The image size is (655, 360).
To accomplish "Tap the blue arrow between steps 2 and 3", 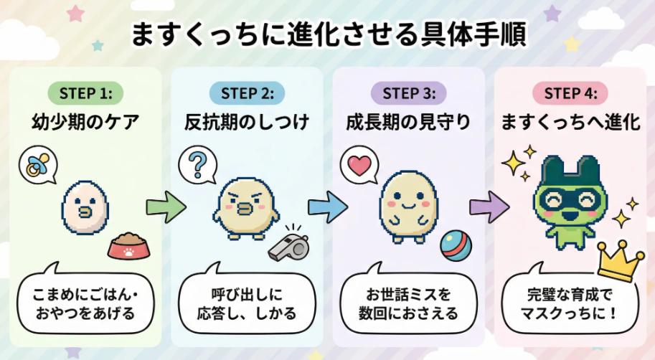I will point(328,207).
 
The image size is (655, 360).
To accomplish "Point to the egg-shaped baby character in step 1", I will point(85,209).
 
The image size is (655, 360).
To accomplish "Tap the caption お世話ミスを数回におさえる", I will point(409,303).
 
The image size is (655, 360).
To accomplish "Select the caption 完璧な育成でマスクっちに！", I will point(571,303).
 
